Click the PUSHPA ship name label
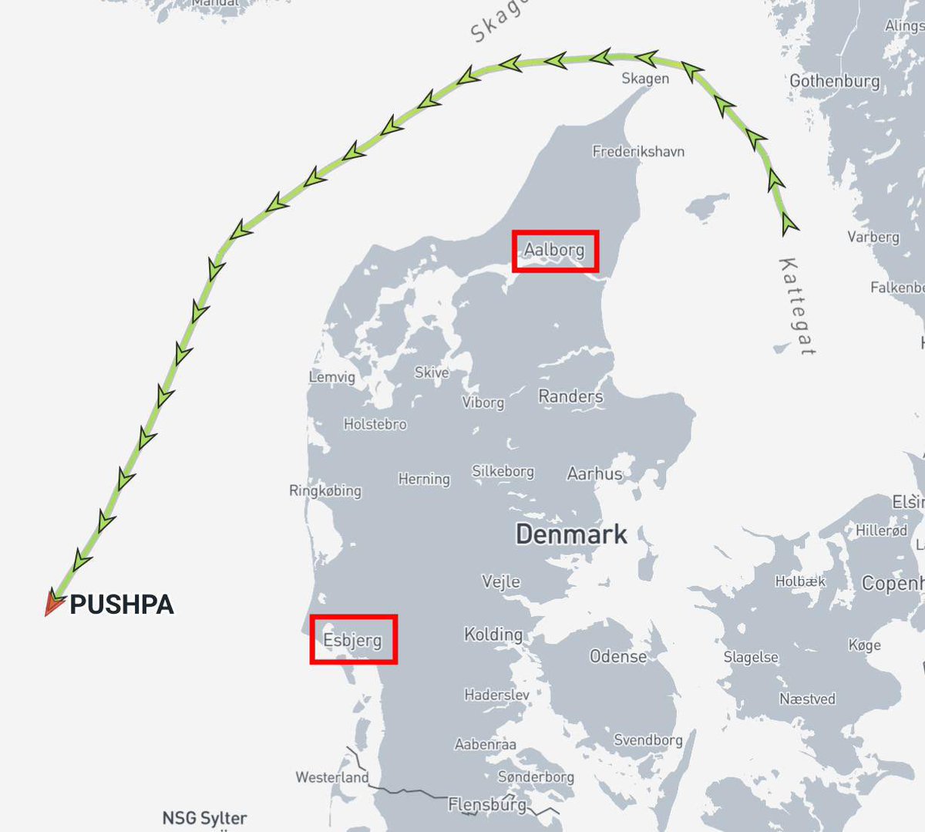click(122, 605)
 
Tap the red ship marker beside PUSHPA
click(52, 603)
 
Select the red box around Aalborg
click(555, 251)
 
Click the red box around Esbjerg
click(353, 639)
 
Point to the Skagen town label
click(645, 79)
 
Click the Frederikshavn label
click(638, 151)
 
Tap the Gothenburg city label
click(834, 81)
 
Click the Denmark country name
click(571, 534)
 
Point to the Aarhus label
click(594, 473)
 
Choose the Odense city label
click(618, 656)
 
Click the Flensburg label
click(487, 805)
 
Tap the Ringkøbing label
click(325, 490)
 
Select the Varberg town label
click(873, 237)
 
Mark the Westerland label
click(332, 777)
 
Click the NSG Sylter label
click(204, 818)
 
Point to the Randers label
click(570, 396)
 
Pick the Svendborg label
click(648, 740)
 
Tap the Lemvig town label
click(332, 377)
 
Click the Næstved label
click(807, 699)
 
